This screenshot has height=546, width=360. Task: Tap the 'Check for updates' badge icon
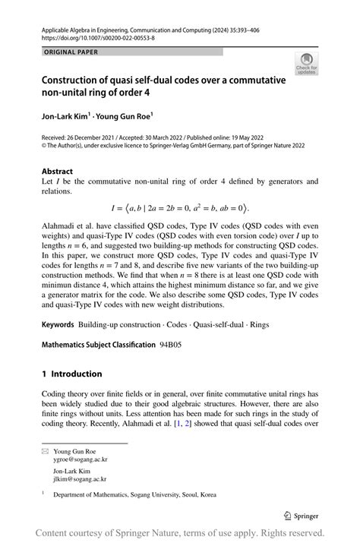tap(308, 64)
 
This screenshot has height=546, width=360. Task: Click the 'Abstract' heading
tap(57, 172)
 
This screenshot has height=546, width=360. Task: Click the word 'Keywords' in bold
tap(58, 324)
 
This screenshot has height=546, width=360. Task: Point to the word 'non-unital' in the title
tap(71, 95)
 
